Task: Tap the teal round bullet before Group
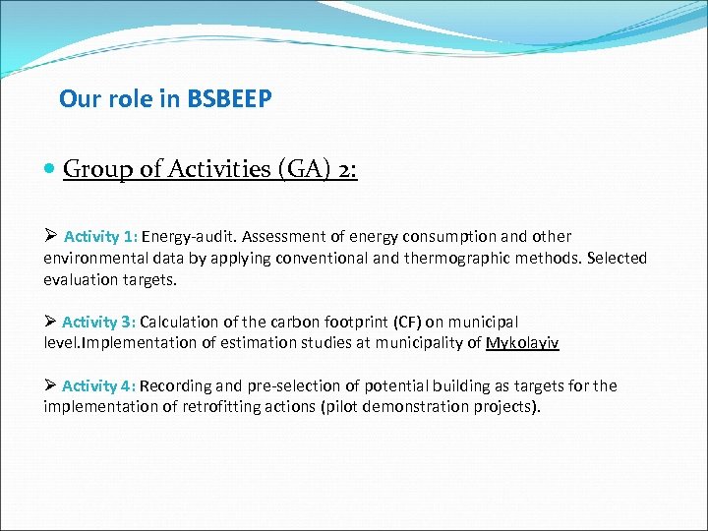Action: pyautogui.click(x=50, y=170)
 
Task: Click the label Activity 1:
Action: pyautogui.click(x=102, y=237)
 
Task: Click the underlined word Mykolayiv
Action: pyautogui.click(x=522, y=343)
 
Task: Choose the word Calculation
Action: pyautogui.click(x=187, y=323)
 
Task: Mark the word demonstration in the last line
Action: pyautogui.click(x=431, y=407)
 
